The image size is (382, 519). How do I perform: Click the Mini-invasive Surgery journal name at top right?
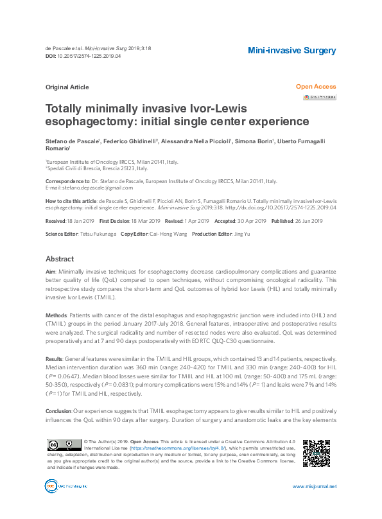click(291, 50)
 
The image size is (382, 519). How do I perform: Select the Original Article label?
click(67, 87)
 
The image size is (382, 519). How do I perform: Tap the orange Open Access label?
click(315, 87)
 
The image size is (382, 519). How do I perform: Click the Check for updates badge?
click(320, 97)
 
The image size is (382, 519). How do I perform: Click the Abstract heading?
click(60, 259)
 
